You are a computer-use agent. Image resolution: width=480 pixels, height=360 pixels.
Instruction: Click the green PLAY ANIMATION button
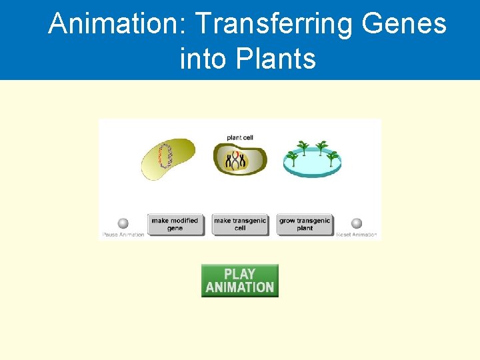pyautogui.click(x=239, y=281)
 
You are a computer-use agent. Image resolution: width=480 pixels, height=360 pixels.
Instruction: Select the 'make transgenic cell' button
pyautogui.click(x=240, y=225)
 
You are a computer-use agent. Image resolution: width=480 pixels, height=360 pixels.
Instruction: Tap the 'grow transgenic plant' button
pyautogui.click(x=305, y=225)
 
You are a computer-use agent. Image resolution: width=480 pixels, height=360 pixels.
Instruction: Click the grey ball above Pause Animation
pyautogui.click(x=123, y=224)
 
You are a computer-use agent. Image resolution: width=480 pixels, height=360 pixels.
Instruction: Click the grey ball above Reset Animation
pyautogui.click(x=357, y=224)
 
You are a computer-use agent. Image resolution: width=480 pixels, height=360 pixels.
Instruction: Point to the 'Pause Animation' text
pyautogui.click(x=123, y=235)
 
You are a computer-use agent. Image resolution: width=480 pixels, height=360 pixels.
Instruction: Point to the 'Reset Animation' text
pyautogui.click(x=357, y=235)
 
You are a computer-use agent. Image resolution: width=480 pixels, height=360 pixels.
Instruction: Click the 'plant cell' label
pyautogui.click(x=240, y=138)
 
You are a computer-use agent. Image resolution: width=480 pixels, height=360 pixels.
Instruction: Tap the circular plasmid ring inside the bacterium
pyautogui.click(x=164, y=159)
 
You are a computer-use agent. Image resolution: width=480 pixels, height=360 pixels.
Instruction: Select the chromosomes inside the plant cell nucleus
pyautogui.click(x=237, y=161)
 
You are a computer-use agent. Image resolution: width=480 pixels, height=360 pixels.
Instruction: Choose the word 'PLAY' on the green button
pyautogui.click(x=239, y=274)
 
